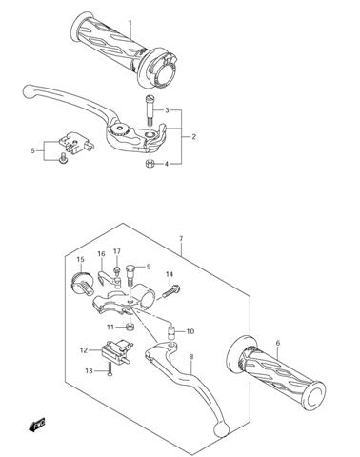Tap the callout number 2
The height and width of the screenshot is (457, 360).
point(193,137)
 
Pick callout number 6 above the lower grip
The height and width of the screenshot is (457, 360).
point(277,343)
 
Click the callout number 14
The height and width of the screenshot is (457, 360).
point(170,275)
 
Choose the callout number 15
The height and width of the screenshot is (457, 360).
point(80,260)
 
